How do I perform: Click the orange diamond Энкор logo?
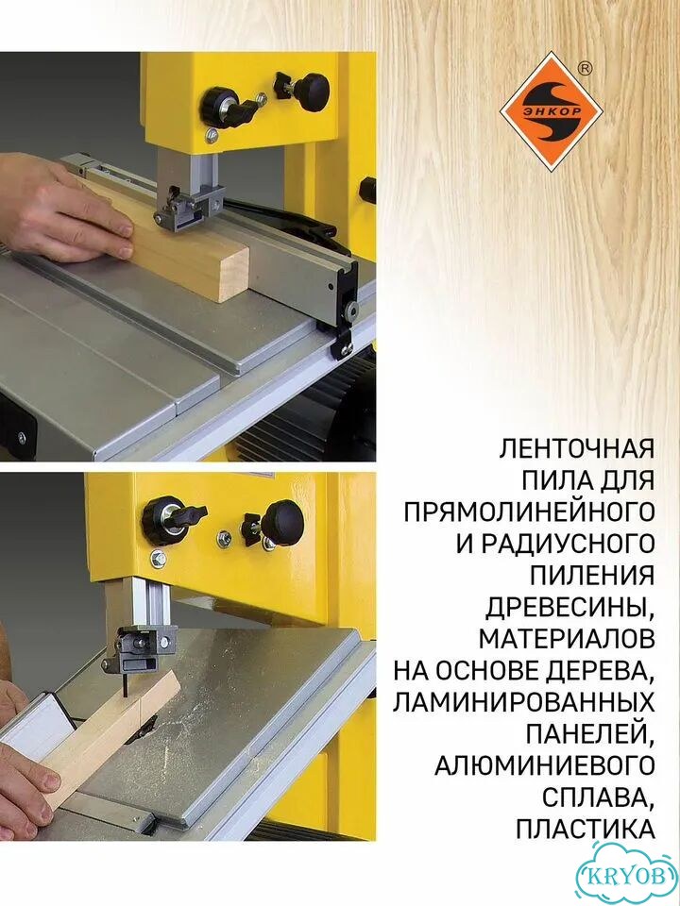tap(551, 111)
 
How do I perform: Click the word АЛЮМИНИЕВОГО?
tap(545, 766)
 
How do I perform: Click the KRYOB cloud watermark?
tap(627, 874)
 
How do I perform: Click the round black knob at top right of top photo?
tap(314, 92)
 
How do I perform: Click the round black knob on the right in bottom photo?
tap(282, 521)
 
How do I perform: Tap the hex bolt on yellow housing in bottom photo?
tap(158, 559)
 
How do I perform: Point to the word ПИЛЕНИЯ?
tap(593, 576)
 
